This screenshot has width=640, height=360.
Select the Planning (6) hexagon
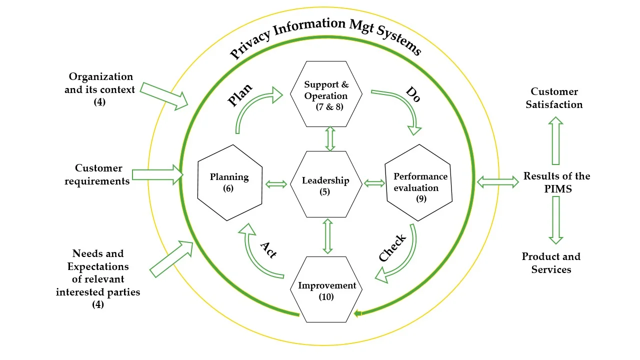[230, 182]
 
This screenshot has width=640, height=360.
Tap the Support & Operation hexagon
[326, 94]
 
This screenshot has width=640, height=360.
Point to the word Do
[413, 94]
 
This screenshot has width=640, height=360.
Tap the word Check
[392, 247]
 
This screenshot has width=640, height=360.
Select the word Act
[268, 248]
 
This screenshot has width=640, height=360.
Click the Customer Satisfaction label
[554, 98]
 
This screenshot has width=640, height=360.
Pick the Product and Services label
[551, 263]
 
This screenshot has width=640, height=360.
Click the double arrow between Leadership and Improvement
[327, 236]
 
